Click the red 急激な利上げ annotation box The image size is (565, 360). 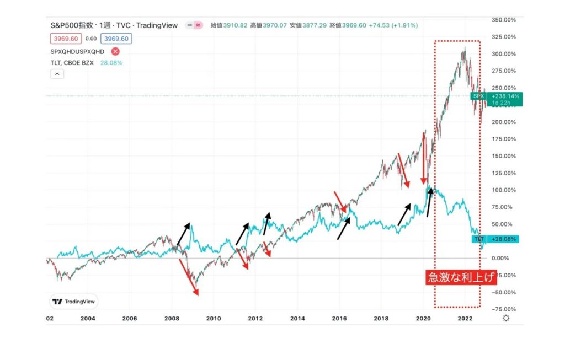pyautogui.click(x=461, y=277)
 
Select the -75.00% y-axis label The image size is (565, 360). pyautogui.click(x=505, y=309)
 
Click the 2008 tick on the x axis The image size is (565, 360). pyautogui.click(x=172, y=318)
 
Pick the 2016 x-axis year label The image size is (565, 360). pyautogui.click(x=339, y=318)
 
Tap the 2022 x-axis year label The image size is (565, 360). pyautogui.click(x=465, y=318)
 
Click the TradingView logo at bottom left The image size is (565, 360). pyautogui.click(x=73, y=302)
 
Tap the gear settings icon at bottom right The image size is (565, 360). pyautogui.click(x=506, y=318)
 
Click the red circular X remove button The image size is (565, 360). pyautogui.click(x=115, y=51)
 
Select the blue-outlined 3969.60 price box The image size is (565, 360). pyautogui.click(x=116, y=39)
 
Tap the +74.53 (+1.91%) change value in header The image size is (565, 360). pyautogui.click(x=392, y=25)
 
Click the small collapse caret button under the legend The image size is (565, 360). pyautogui.click(x=57, y=74)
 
